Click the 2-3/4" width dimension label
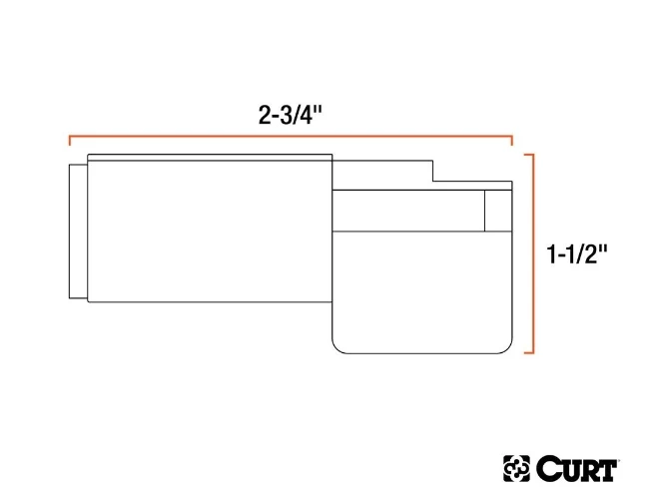coord(290,114)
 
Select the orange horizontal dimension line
coord(290,135)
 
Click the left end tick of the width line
coord(69,140)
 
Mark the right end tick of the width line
coord(511,140)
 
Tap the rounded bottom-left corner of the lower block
coord(336,346)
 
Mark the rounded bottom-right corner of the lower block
coord(505,346)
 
